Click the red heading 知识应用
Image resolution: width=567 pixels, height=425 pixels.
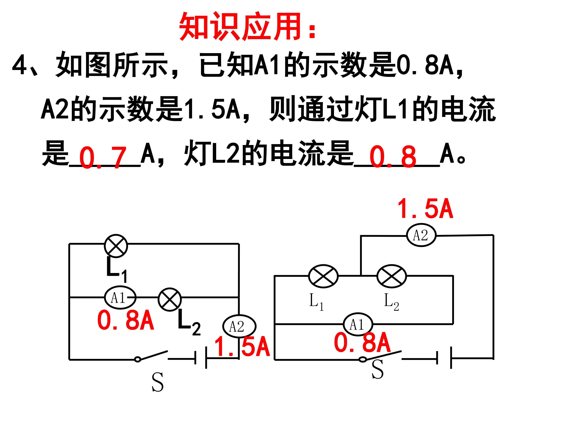pyautogui.click(x=240, y=27)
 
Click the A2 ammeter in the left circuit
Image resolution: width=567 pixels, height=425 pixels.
pyautogui.click(x=239, y=326)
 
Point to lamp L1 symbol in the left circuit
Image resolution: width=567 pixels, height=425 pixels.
pyautogui.click(x=116, y=246)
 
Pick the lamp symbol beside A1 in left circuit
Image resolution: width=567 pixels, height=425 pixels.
pyautogui.click(x=170, y=299)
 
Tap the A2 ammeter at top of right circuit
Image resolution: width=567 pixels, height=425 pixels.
pyautogui.click(x=421, y=235)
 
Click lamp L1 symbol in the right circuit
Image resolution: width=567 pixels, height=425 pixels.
pyautogui.click(x=323, y=276)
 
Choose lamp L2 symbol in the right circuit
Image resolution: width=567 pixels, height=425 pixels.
pyautogui.click(x=391, y=276)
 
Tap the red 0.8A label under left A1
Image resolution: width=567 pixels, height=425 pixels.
pyautogui.click(x=125, y=321)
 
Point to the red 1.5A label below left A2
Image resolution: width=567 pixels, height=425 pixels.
pyautogui.click(x=242, y=347)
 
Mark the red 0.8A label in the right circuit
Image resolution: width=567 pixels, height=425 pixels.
pyautogui.click(x=362, y=343)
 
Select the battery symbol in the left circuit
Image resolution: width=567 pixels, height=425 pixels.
pyautogui.click(x=201, y=358)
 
